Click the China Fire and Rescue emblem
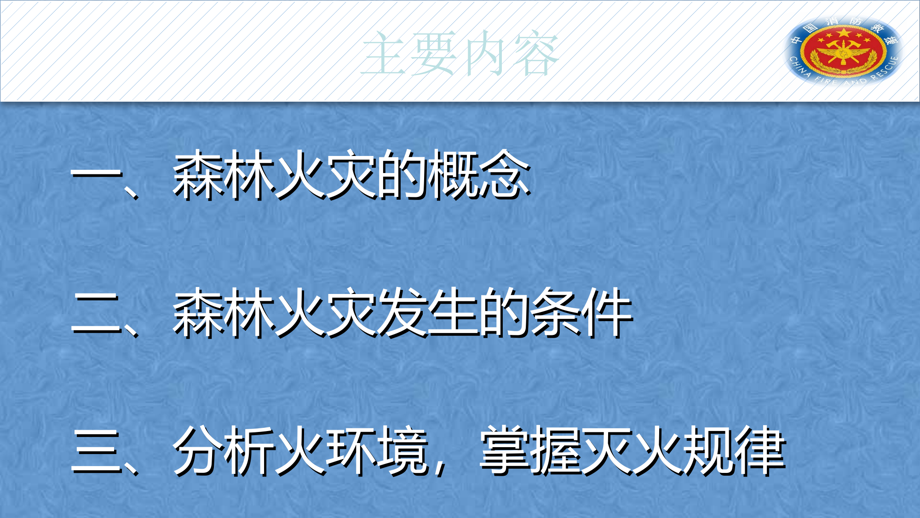tap(844, 51)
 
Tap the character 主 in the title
tap(385, 53)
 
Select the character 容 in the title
tap(536, 53)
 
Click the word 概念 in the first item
tap(478, 175)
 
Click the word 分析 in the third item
tap(224, 451)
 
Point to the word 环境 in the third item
tap(377, 451)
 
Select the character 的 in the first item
tap(402, 175)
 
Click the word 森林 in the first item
tap(224, 175)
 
